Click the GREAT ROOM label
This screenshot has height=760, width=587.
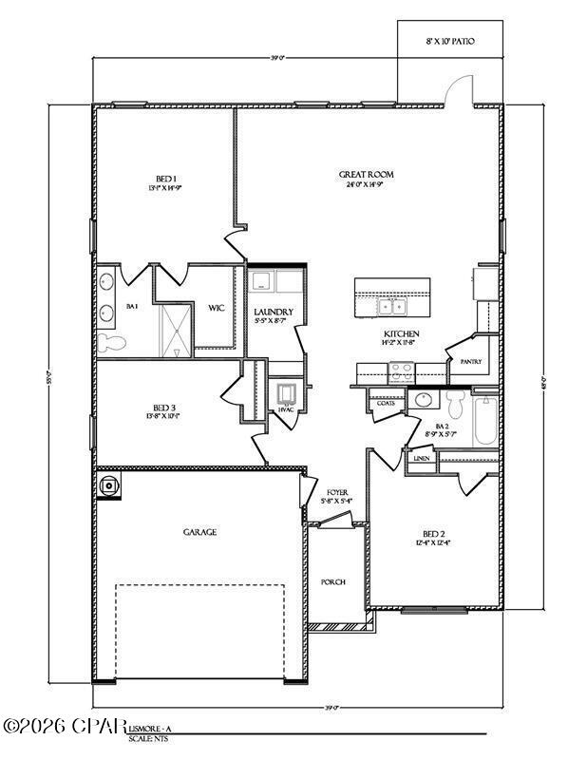(367, 175)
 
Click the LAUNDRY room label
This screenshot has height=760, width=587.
(274, 312)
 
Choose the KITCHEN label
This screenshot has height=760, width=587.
(401, 334)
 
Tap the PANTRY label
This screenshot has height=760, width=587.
(470, 362)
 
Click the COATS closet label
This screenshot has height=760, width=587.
(386, 403)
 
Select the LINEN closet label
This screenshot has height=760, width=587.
(422, 458)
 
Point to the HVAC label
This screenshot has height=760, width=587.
(286, 409)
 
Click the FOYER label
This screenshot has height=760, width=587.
(338, 493)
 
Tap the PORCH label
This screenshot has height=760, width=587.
(332, 582)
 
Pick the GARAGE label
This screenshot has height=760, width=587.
(199, 533)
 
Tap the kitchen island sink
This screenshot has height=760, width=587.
(390, 306)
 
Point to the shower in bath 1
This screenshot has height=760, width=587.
(173, 327)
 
